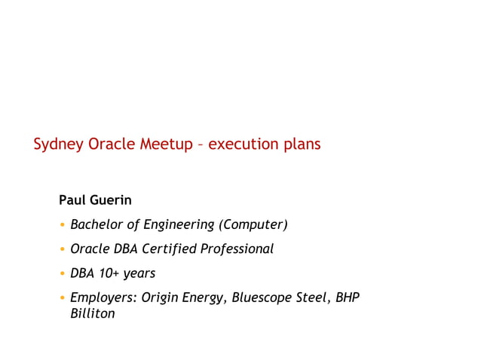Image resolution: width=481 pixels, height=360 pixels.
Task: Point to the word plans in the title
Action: tap(302, 144)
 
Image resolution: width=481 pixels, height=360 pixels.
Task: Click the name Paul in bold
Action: tap(72, 200)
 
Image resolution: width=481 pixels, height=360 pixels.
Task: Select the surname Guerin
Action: tap(111, 200)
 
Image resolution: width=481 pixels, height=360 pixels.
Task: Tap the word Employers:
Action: tap(103, 298)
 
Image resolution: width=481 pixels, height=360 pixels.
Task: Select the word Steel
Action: tap(316, 297)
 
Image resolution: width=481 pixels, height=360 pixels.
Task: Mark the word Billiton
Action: tap(92, 313)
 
